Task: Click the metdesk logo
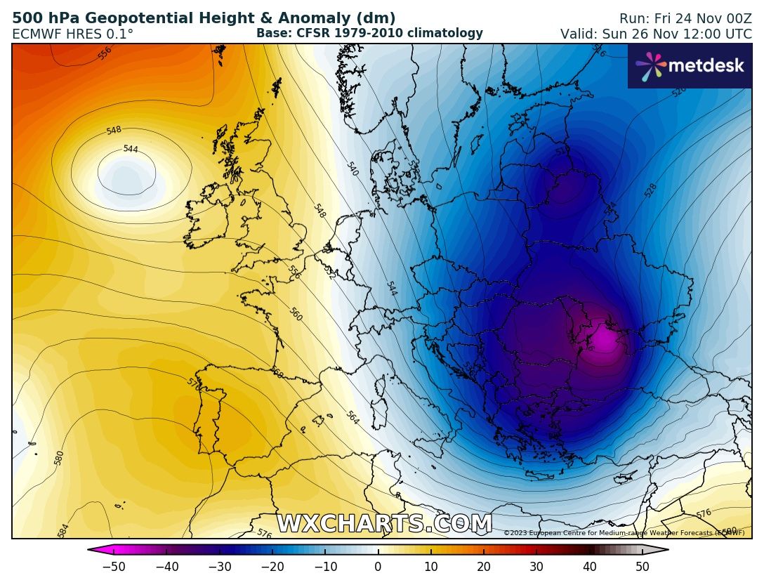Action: tap(690, 66)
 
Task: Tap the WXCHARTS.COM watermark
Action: tap(384, 524)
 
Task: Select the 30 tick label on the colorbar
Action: tap(536, 567)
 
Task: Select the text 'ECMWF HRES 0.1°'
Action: tap(72, 34)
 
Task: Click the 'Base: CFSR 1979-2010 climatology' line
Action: tap(369, 33)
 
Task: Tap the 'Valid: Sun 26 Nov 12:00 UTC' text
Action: tap(655, 34)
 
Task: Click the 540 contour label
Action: tap(353, 169)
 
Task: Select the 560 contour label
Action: tap(296, 315)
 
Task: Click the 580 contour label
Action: tap(59, 458)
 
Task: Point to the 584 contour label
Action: tap(62, 531)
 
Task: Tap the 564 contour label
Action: tap(353, 418)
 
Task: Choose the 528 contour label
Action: tap(650, 190)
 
